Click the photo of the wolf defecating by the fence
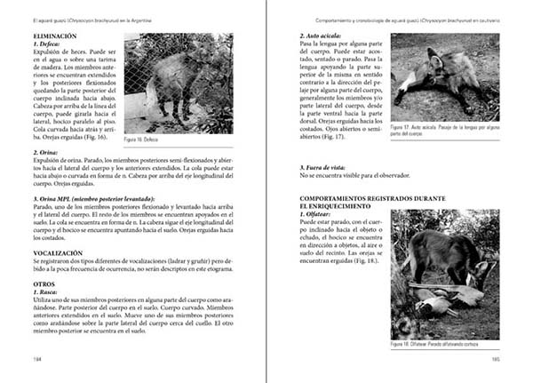coord(178,83)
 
